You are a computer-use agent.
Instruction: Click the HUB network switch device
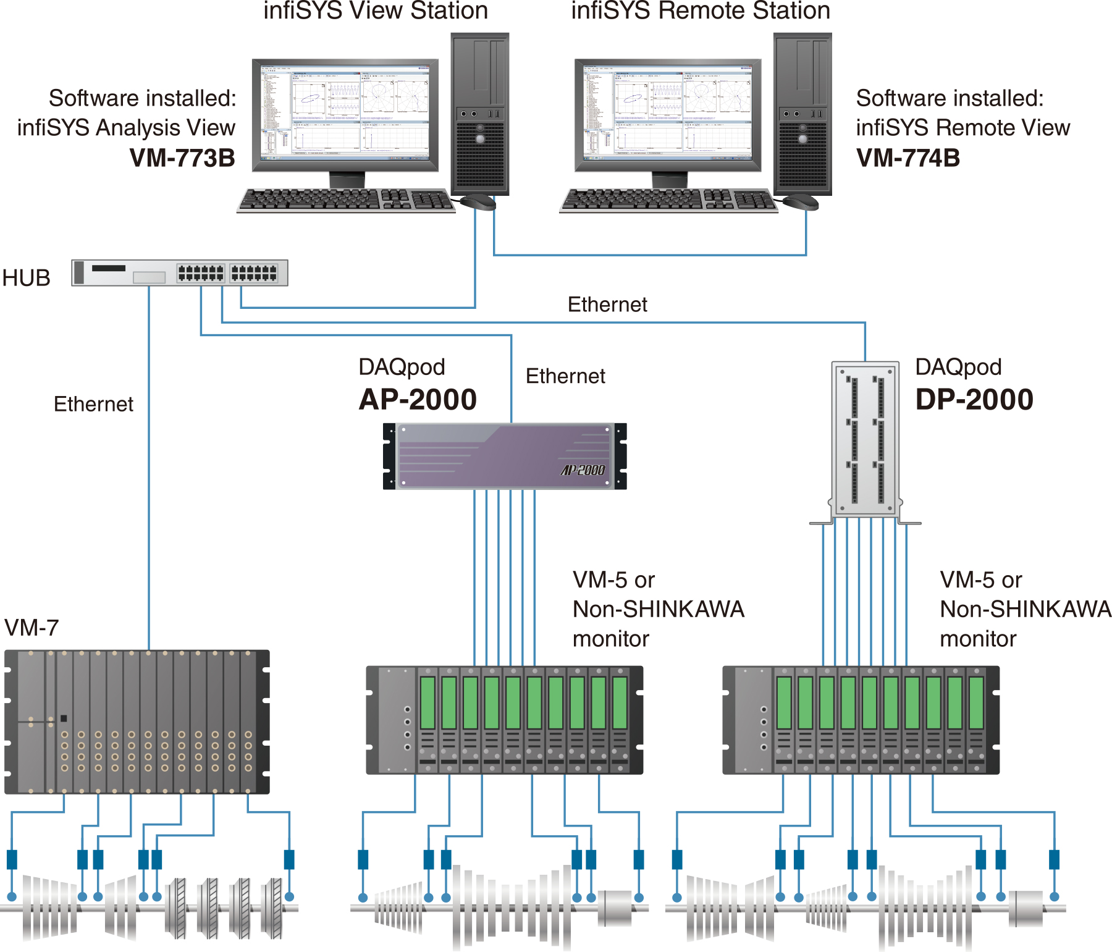point(180,272)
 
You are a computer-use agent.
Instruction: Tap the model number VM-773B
point(182,158)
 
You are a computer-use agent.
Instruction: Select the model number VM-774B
point(908,158)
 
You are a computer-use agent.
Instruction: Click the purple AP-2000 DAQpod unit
point(505,456)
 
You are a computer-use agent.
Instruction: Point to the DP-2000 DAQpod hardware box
point(866,439)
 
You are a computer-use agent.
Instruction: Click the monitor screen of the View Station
point(345,113)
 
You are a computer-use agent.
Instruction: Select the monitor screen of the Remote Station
point(668,113)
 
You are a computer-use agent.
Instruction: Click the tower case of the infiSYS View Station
point(480,114)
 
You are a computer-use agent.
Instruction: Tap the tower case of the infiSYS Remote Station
point(802,114)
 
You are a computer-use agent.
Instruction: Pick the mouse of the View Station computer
point(478,201)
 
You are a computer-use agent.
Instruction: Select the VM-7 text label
point(32,628)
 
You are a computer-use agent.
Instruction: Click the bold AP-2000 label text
point(418,400)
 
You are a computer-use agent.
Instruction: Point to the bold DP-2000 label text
point(974,400)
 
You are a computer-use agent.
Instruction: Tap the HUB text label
point(26,278)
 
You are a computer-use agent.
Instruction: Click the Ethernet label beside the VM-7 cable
point(93,404)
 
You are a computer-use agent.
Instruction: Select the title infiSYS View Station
point(376,11)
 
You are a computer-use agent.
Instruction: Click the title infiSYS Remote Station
point(701,11)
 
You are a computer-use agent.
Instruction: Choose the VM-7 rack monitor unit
point(137,722)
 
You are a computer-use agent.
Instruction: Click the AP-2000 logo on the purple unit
point(583,470)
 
